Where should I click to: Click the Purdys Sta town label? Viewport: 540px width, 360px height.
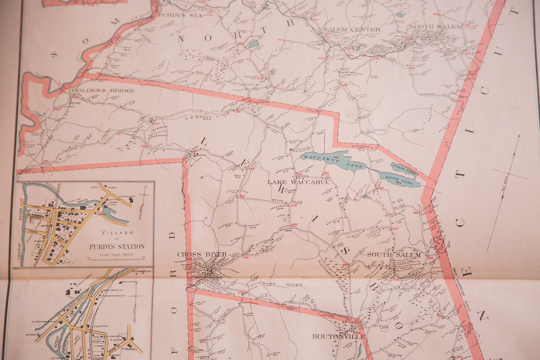[181, 15]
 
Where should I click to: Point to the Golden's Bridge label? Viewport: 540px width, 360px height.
[103, 90]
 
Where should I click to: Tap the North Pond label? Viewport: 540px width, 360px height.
[404, 168]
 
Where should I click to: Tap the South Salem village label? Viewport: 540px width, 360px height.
[394, 255]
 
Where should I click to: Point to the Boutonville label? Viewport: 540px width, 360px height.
[339, 336]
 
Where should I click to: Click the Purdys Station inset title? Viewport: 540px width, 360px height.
[117, 247]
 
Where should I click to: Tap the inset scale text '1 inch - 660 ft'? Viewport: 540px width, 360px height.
[117, 255]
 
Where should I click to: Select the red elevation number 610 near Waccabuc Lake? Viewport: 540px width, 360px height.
[326, 173]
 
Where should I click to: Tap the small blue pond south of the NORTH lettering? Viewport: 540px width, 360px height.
[255, 44]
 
